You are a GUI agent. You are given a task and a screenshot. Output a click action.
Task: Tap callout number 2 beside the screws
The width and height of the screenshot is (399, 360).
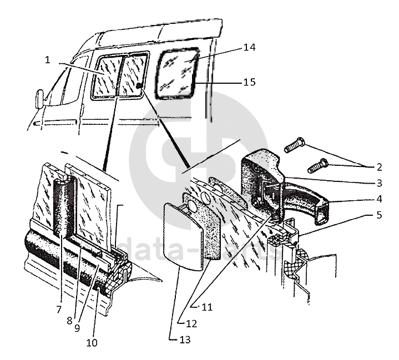[x=378, y=166]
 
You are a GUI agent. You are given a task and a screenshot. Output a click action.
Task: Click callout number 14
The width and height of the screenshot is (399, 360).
[x=249, y=48]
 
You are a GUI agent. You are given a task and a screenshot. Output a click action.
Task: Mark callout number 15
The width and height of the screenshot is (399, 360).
[x=249, y=82]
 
